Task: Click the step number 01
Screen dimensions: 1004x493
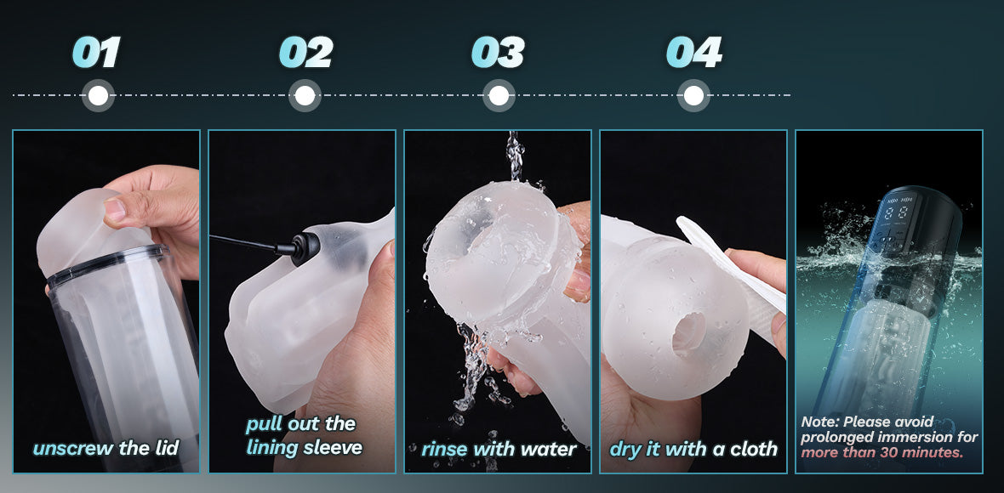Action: click(96, 53)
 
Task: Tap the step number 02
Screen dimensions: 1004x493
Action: click(306, 53)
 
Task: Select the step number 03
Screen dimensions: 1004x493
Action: click(498, 53)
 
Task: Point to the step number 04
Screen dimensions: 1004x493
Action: click(694, 53)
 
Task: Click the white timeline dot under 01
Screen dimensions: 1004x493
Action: click(98, 96)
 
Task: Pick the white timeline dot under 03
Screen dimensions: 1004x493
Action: click(499, 96)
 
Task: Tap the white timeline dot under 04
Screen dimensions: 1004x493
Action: click(693, 96)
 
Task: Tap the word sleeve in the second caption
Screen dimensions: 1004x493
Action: click(333, 447)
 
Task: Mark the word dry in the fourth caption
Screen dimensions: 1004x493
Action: click(625, 450)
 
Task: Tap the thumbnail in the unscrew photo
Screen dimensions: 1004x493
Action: click(115, 210)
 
